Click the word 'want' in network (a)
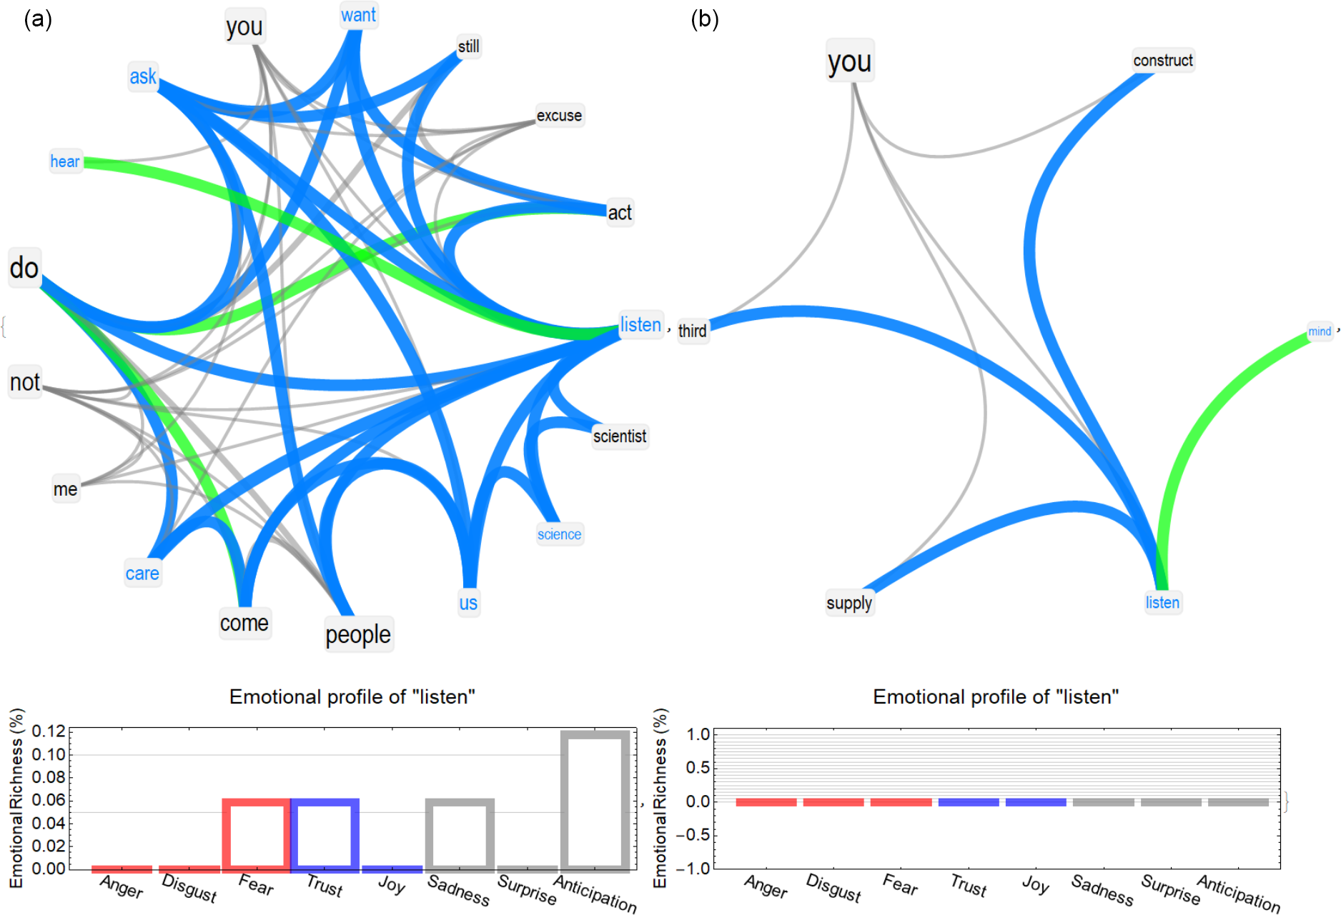point(358,15)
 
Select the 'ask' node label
point(143,76)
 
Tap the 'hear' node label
point(65,161)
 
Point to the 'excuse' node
point(559,116)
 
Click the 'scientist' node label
point(620,436)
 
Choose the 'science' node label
point(560,534)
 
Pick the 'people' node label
point(358,634)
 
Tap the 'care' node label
point(142,574)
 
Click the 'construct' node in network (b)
point(1163,61)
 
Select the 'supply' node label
point(849,604)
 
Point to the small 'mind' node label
point(1320,331)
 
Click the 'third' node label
point(692,331)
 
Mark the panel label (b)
point(705,19)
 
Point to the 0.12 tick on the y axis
point(49,731)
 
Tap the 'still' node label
point(469,46)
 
